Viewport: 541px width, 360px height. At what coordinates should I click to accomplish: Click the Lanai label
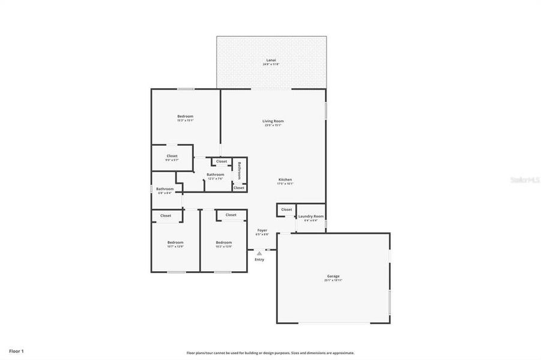click(x=272, y=60)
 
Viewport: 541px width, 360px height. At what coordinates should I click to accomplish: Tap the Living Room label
click(x=273, y=121)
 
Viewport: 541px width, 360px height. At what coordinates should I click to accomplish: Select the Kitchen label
click(x=285, y=180)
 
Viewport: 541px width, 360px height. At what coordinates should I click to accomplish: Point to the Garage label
click(x=334, y=276)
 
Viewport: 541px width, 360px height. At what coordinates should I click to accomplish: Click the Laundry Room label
click(x=311, y=216)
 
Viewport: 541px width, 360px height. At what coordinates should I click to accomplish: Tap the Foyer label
click(x=262, y=230)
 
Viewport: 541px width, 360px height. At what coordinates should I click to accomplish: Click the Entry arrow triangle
click(x=259, y=253)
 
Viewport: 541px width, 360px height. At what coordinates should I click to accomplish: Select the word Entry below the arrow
click(x=259, y=259)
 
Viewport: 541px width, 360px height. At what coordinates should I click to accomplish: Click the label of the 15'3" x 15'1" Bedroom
click(x=185, y=116)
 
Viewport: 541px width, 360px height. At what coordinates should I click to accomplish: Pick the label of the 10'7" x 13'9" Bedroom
click(x=175, y=242)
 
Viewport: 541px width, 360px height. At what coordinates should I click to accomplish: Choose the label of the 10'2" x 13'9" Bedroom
click(x=224, y=242)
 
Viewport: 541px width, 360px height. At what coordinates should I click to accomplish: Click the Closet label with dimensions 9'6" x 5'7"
click(x=172, y=156)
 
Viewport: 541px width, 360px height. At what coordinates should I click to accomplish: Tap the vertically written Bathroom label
click(x=239, y=170)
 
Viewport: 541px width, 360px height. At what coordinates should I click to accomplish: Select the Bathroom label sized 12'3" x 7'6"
click(x=216, y=175)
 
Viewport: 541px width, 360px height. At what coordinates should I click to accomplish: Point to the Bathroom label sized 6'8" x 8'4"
click(x=165, y=189)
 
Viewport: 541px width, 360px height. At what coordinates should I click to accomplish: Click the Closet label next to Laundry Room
click(x=286, y=209)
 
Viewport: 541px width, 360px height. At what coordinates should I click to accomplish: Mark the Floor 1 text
click(x=16, y=350)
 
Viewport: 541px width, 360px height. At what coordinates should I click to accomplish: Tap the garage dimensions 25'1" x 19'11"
click(x=334, y=280)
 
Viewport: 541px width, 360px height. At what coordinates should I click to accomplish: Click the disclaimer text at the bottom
click(x=270, y=353)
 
